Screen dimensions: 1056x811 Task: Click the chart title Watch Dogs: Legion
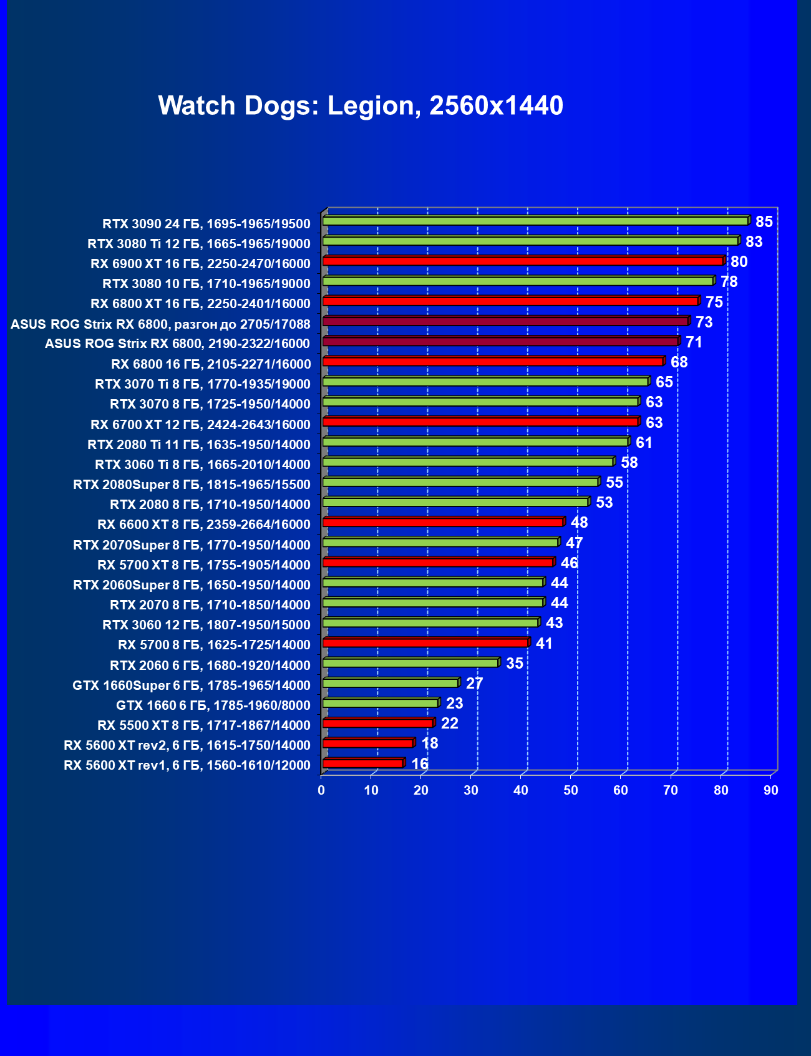click(361, 105)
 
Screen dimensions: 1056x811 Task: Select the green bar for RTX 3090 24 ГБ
click(535, 221)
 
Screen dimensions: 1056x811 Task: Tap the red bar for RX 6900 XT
click(523, 261)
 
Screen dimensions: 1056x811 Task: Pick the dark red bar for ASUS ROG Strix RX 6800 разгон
click(505, 321)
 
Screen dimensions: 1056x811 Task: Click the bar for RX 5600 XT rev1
click(363, 763)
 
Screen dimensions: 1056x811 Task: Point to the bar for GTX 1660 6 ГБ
click(381, 703)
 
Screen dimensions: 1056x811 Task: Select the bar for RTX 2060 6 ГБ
click(410, 662)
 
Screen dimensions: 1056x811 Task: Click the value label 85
click(764, 222)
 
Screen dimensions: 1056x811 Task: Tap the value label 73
click(704, 322)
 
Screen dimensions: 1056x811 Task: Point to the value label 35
click(514, 663)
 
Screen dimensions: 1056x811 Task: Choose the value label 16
click(419, 764)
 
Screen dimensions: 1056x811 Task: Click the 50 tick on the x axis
click(571, 790)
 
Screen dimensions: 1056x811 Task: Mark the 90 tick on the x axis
click(771, 790)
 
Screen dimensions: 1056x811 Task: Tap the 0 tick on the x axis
click(321, 790)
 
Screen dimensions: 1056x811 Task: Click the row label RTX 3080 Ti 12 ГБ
click(198, 243)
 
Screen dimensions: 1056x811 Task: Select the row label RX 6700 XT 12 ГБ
click(200, 424)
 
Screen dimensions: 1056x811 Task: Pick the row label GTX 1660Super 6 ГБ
click(191, 685)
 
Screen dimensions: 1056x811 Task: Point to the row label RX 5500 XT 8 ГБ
click(203, 725)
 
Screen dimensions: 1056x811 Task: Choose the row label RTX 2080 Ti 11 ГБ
click(198, 444)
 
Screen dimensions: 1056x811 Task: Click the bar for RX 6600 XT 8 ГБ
click(443, 522)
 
